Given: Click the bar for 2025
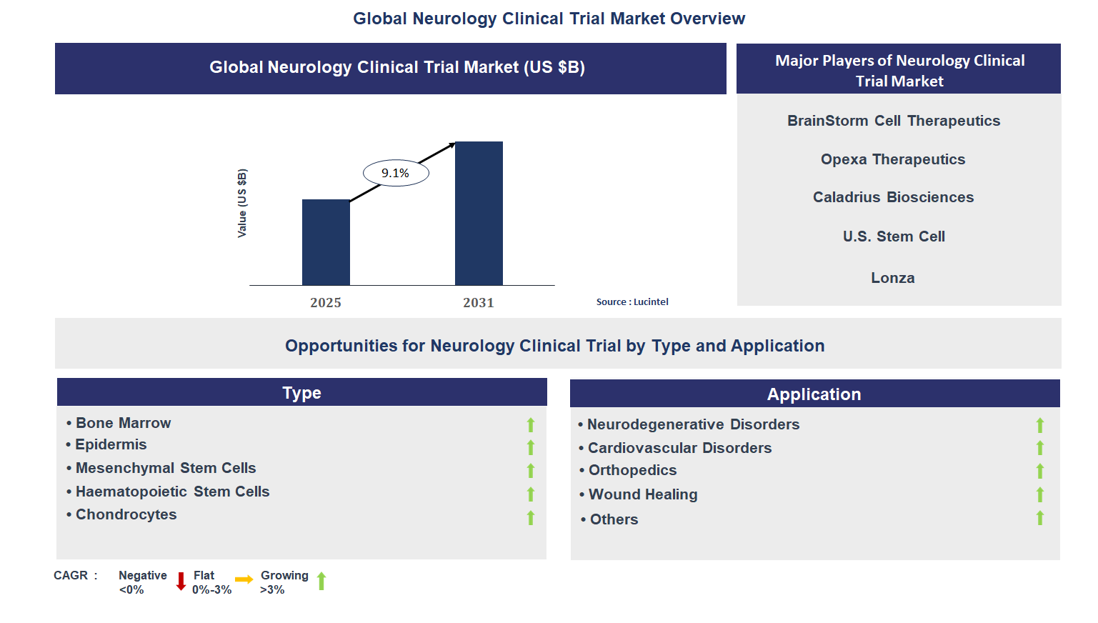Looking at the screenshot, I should [x=326, y=242].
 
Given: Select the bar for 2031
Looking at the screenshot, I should [x=479, y=214].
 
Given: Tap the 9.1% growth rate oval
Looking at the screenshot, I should [x=396, y=173].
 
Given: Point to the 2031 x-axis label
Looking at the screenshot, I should [x=479, y=303].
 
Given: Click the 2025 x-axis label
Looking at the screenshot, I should [x=326, y=303].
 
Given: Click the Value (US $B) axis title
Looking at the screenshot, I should [x=242, y=204].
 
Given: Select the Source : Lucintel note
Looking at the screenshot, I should [x=632, y=302].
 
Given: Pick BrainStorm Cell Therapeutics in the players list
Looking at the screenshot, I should [x=893, y=121].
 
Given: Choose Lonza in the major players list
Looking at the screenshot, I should [x=892, y=278].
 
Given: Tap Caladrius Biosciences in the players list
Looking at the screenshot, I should [x=893, y=197].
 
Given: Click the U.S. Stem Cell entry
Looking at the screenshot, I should [x=893, y=236].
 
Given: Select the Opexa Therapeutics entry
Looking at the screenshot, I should [x=893, y=159].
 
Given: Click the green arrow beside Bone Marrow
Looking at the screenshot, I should [x=531, y=425].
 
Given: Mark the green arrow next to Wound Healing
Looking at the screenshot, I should [x=1040, y=494].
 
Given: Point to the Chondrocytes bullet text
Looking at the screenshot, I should [x=126, y=514].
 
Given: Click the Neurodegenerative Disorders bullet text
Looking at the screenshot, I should [x=693, y=424].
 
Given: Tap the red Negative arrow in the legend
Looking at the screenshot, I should [x=181, y=581].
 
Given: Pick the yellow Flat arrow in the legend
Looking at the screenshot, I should [x=244, y=579].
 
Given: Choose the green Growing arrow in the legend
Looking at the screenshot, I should [x=321, y=581].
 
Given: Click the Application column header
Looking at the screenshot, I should [x=814, y=394].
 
